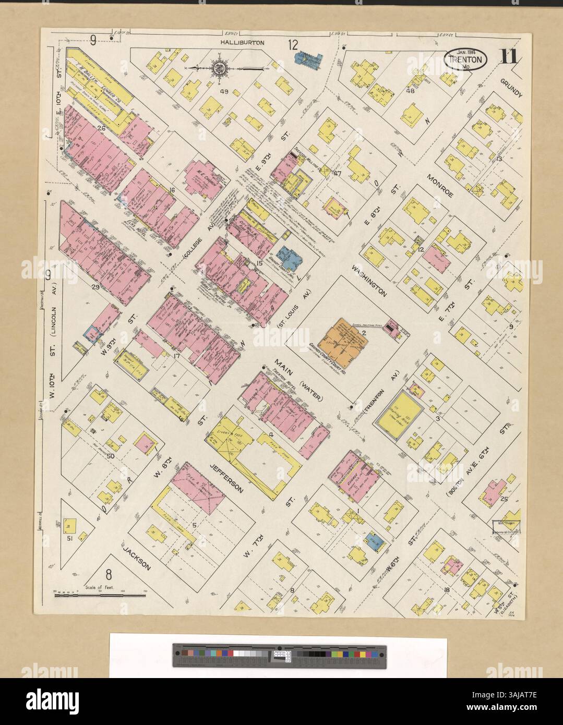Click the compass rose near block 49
(x=219, y=67)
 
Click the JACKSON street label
(x=137, y=557)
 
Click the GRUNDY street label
(x=511, y=89)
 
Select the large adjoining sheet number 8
(x=109, y=575)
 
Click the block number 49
(x=225, y=92)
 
